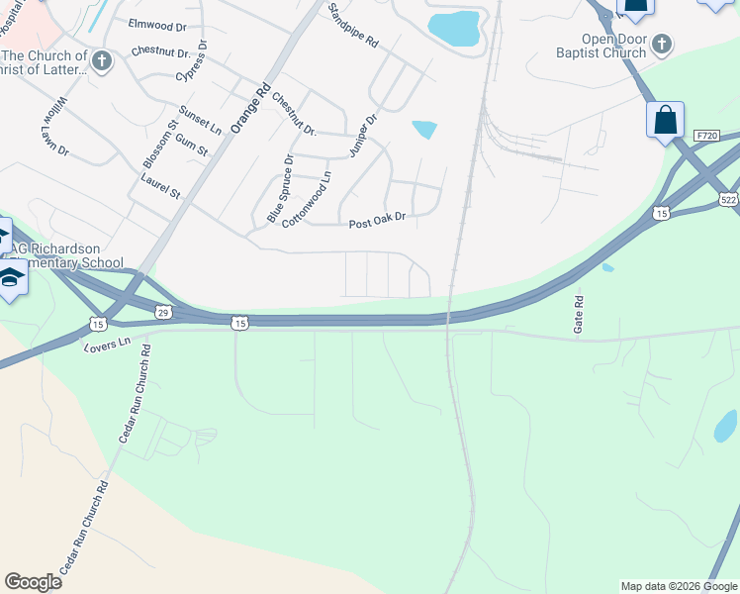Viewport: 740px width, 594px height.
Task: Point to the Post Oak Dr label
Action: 378,224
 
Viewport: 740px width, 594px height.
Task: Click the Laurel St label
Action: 160,188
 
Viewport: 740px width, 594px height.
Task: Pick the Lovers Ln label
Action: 108,344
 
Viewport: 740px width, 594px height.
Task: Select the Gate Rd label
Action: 580,313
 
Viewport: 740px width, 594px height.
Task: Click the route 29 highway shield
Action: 163,313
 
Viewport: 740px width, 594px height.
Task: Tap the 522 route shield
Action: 728,199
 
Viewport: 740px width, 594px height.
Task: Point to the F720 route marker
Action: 705,135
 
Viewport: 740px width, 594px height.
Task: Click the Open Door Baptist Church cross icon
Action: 662,44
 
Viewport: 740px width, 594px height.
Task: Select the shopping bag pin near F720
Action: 666,121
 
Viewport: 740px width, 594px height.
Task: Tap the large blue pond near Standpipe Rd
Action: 454,29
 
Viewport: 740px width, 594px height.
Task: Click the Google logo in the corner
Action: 33,582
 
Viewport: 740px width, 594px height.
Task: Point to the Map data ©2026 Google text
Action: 679,586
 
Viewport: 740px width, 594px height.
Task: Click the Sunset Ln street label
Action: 200,120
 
